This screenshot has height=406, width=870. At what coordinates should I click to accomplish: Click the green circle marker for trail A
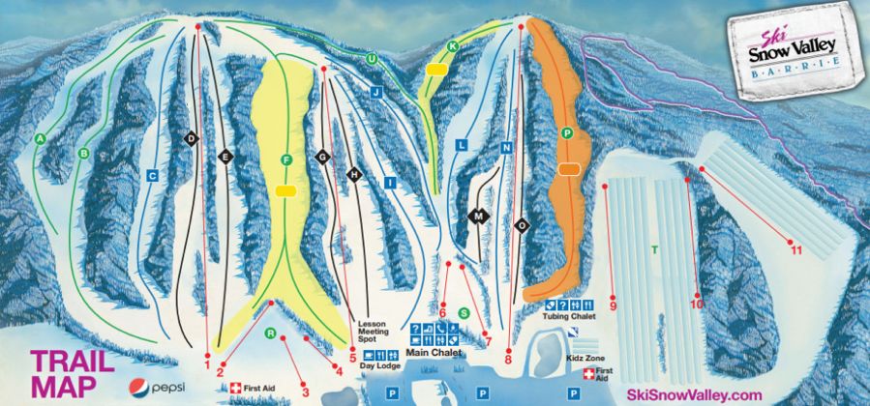(41, 139)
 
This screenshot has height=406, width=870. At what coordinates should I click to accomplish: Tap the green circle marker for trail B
(84, 152)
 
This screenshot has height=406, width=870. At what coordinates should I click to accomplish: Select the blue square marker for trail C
(152, 176)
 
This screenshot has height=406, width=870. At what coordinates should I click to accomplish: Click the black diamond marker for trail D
(192, 139)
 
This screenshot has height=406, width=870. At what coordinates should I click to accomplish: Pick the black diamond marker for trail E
(225, 157)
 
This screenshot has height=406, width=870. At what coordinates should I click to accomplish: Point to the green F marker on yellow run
(285, 159)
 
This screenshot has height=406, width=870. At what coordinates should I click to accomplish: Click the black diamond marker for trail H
(354, 174)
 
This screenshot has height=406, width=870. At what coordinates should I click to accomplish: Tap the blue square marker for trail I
(390, 182)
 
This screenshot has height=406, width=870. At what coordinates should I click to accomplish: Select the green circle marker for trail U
(371, 59)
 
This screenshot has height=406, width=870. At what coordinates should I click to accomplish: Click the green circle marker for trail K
(452, 46)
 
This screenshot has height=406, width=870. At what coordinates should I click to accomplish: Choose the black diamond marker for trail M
(477, 217)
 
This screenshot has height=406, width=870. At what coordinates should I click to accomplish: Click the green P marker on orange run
(567, 131)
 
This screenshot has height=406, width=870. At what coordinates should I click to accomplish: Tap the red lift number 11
(796, 250)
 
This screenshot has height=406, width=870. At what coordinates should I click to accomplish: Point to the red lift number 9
(613, 306)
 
